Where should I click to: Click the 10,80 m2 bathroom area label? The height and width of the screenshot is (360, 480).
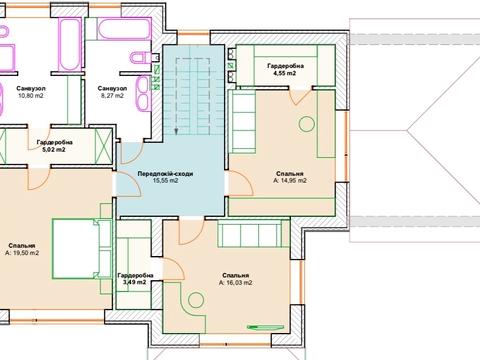[31, 92]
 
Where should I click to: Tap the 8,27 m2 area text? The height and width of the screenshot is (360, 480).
[112, 92]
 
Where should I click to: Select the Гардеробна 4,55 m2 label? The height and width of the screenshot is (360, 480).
[285, 70]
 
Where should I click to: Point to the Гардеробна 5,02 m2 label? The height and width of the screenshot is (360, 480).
[55, 146]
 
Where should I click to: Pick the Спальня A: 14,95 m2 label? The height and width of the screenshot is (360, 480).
[290, 177]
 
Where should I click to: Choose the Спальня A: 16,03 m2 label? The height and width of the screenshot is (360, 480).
[236, 279]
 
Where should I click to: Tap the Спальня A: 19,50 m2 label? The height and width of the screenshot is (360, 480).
[22, 249]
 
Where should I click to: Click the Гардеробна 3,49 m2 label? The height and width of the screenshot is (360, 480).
[135, 279]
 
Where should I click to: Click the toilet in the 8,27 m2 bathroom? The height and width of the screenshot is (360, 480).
[141, 57]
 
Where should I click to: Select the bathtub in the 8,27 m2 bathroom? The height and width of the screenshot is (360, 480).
[124, 29]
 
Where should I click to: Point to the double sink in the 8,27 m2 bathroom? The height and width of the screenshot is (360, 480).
[145, 93]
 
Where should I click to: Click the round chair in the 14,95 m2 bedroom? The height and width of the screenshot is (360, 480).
[307, 124]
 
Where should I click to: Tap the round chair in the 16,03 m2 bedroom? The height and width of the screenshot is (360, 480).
[196, 300]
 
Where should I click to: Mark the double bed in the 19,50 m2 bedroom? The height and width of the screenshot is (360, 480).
[81, 249]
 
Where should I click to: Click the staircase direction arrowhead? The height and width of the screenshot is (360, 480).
[176, 131]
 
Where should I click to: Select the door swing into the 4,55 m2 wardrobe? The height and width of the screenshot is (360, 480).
[301, 97]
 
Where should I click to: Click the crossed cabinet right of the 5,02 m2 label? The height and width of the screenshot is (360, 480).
[104, 146]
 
